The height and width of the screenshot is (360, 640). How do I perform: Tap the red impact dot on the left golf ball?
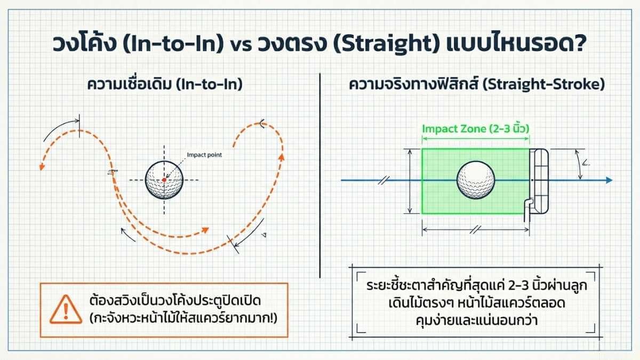click(164, 180)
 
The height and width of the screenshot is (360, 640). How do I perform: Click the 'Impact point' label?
click(204, 155)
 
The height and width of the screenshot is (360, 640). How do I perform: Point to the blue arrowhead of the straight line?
click(608, 181)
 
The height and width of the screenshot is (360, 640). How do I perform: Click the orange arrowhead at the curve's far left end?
click(41, 167)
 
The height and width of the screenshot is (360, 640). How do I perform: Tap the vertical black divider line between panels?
click(319, 176)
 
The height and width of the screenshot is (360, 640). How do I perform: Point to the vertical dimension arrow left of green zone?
click(410, 181)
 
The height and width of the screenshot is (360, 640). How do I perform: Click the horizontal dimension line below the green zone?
click(475, 230)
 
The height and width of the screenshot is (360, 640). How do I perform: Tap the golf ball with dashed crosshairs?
click(164, 180)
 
